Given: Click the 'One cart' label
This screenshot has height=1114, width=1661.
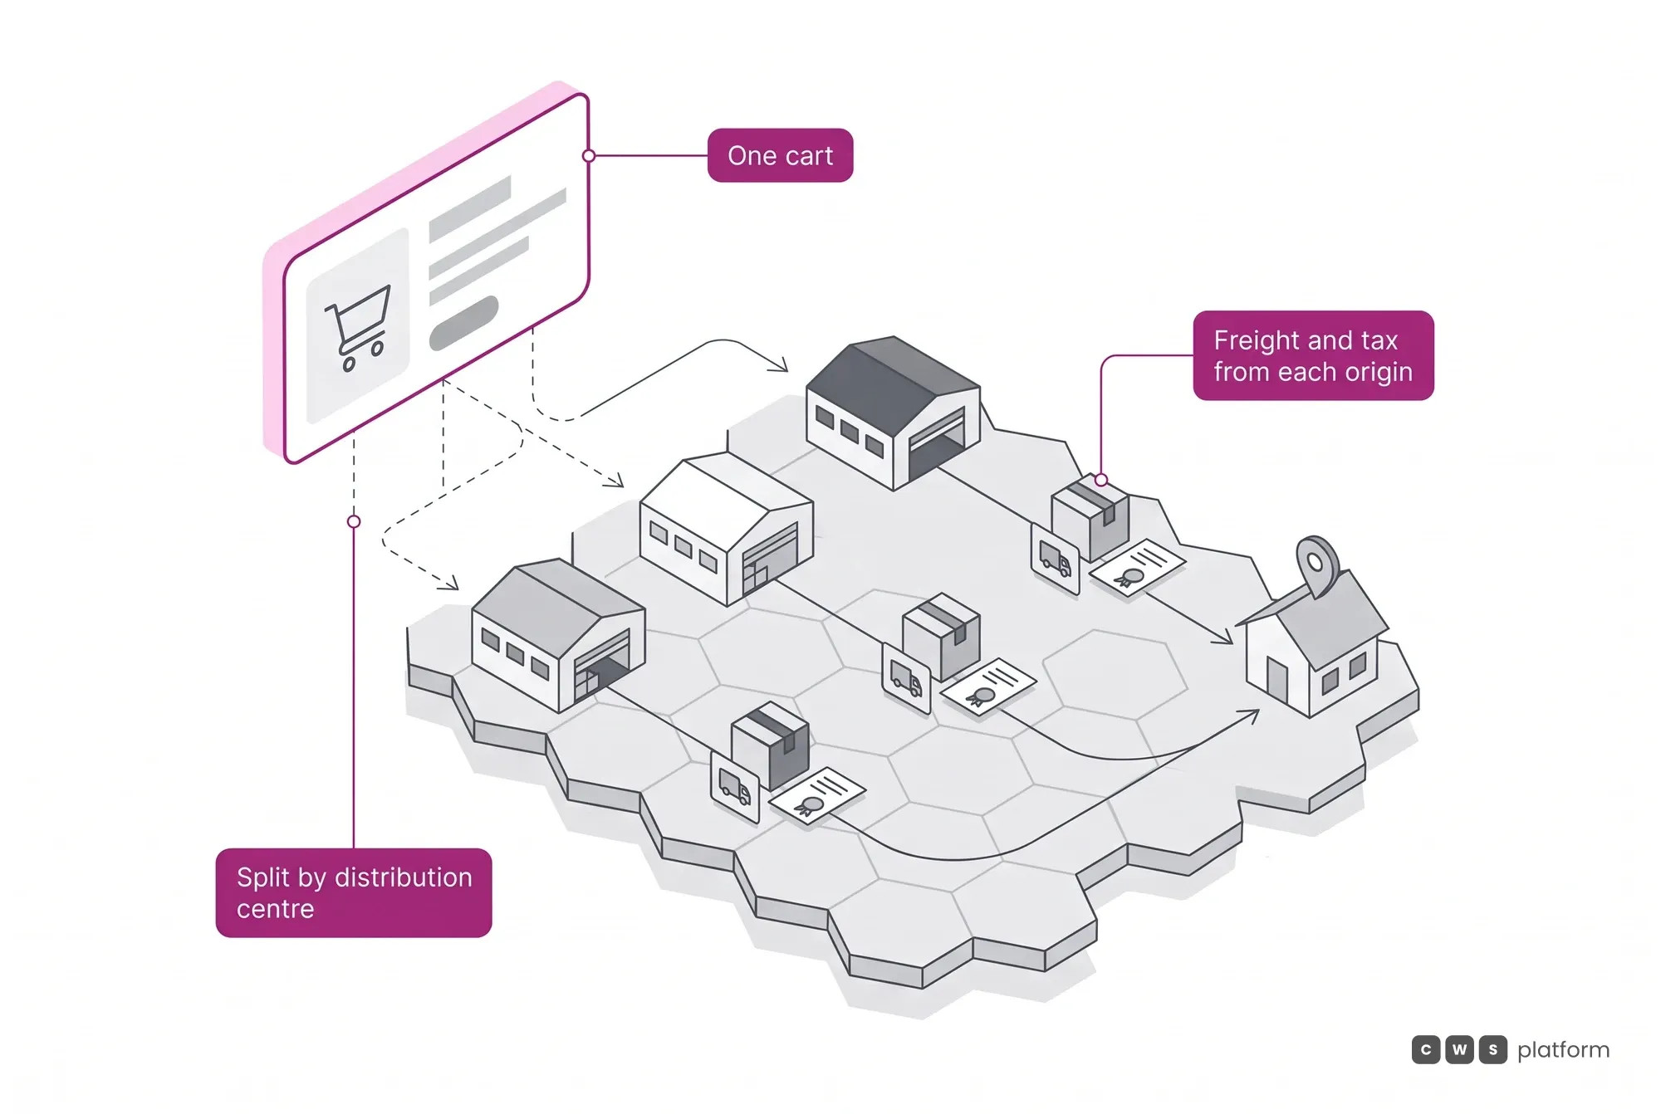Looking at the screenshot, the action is coord(780,155).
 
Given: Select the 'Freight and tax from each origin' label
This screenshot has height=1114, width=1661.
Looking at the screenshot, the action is coord(1313,355).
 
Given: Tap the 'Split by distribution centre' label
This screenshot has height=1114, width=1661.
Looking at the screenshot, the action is coord(354,892).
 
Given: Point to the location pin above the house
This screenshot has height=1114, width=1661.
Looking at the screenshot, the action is coord(1317,564).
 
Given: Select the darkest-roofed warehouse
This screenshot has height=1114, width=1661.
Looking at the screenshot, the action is coord(893,413).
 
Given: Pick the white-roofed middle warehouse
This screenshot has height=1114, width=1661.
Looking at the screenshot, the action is coord(726,529).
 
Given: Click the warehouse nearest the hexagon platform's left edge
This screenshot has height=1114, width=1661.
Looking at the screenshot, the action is coord(558,635).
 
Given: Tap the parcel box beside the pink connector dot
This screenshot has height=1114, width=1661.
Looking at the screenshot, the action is coord(1090,516).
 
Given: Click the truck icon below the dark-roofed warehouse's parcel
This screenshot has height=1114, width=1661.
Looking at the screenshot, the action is coord(1055,559).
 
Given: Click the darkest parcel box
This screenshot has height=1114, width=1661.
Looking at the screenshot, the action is coord(770,746).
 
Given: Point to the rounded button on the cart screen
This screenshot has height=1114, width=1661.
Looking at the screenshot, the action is coord(463,323).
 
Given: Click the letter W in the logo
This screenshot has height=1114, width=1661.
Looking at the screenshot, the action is coord(1459,1050).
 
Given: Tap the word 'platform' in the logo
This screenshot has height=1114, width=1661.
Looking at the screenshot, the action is coord(1563,1050).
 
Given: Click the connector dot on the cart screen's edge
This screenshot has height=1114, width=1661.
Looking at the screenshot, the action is coord(589,155).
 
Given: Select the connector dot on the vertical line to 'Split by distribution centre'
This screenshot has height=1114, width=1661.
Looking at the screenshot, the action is coord(354,521).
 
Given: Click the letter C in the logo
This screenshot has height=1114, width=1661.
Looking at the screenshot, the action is coord(1426,1050).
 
